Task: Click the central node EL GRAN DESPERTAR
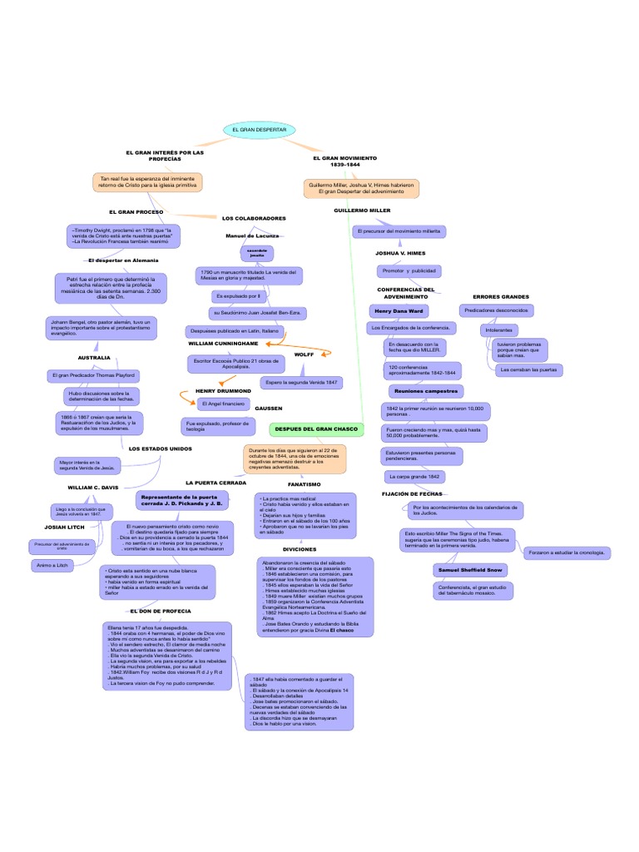tap(260, 131)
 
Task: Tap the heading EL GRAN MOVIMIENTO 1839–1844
tap(344, 161)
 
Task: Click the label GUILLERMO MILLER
tap(362, 211)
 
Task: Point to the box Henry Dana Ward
tap(399, 310)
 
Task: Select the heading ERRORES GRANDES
tap(501, 296)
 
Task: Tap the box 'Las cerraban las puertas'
tap(528, 369)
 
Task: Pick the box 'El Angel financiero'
tap(222, 404)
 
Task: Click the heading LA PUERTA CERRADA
tap(215, 483)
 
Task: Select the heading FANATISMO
tap(304, 483)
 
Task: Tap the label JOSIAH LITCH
tap(66, 528)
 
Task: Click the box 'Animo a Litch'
tap(52, 566)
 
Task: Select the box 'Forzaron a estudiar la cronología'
tap(568, 552)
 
